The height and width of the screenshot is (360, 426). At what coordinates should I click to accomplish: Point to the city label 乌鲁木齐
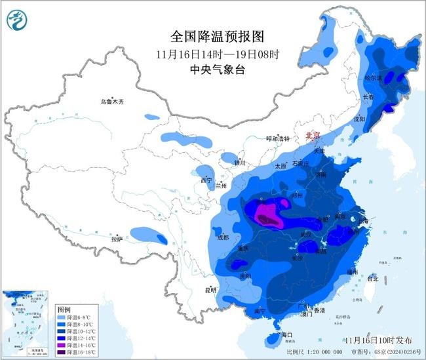[111, 102]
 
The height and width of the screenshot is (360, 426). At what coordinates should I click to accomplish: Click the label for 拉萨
[117, 239]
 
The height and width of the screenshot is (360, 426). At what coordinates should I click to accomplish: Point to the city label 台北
[372, 279]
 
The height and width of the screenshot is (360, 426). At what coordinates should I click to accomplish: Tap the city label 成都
[222, 237]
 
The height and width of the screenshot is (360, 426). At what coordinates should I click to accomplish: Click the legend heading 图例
[64, 308]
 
